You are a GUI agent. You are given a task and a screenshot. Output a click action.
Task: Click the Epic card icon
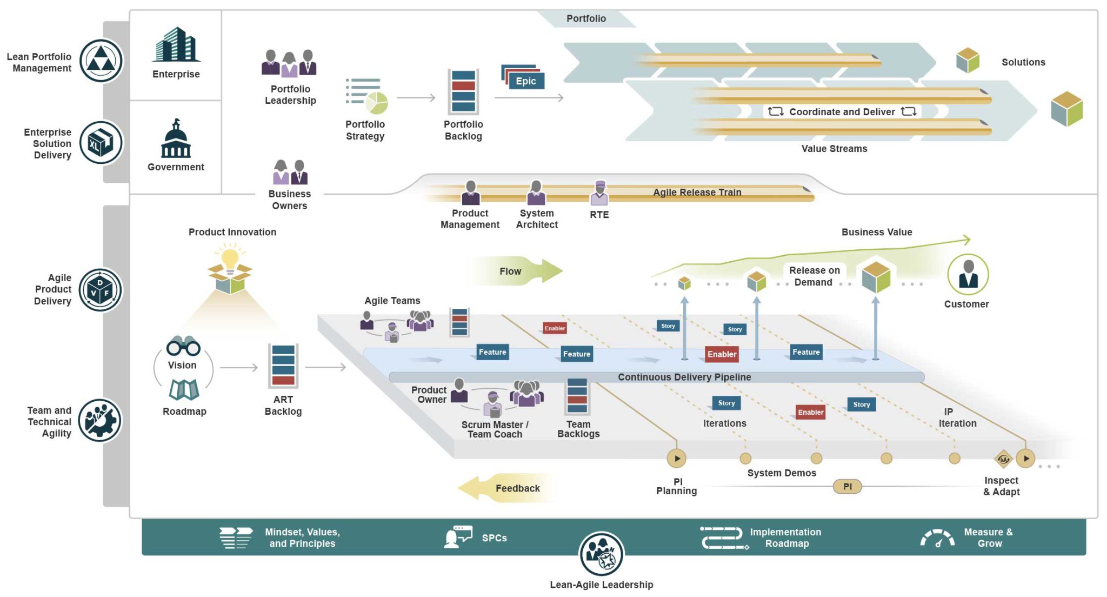(x=523, y=78)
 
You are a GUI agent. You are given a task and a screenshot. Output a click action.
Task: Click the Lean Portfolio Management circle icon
(x=101, y=61)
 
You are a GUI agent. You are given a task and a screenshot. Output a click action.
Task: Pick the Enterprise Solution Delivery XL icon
(x=101, y=143)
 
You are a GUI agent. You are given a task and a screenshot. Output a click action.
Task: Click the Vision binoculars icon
(x=183, y=346)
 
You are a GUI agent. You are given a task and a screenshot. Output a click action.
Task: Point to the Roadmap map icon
(x=184, y=389)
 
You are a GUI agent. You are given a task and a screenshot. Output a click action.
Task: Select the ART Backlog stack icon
(x=283, y=366)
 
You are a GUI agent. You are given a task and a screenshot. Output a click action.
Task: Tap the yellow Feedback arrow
(x=505, y=488)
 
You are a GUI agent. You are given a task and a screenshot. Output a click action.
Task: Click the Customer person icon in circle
(x=968, y=274)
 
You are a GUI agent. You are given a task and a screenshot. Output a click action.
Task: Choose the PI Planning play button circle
(x=677, y=459)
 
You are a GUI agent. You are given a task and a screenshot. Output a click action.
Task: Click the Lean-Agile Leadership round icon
(x=601, y=554)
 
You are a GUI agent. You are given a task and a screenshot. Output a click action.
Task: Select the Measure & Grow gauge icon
(x=937, y=538)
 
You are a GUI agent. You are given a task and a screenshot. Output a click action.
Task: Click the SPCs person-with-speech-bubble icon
(x=457, y=537)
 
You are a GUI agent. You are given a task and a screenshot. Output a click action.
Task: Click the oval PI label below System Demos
(x=847, y=486)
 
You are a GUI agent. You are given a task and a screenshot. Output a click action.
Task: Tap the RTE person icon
(x=599, y=194)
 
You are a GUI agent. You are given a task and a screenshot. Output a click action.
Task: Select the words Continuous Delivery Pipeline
(x=684, y=377)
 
